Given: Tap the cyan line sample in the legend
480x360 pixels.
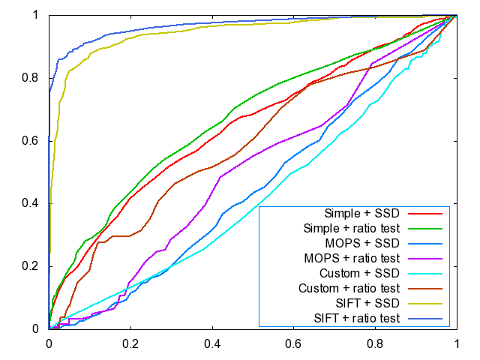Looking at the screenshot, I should pos(428,273).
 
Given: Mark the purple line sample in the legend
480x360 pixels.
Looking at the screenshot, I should pos(428,258).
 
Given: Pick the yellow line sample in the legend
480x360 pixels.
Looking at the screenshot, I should pos(428,304).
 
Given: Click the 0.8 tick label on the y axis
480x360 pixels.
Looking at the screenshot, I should pos(33,78).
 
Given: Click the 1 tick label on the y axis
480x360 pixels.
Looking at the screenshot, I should pos(38,15).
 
